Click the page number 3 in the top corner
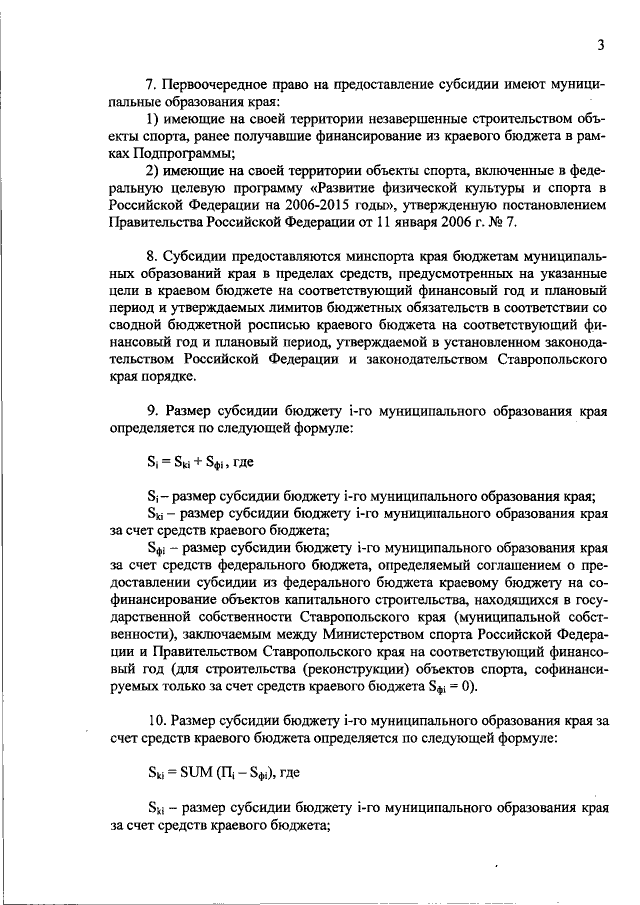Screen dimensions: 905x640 coord(601,44)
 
